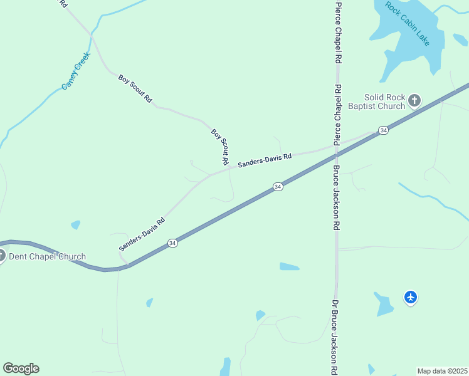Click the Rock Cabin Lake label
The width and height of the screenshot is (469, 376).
pyautogui.click(x=407, y=24)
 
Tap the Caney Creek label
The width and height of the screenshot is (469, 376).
pyautogui.click(x=76, y=70)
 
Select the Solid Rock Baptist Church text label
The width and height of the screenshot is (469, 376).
pyautogui.click(x=385, y=102)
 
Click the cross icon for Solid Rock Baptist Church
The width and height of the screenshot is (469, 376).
pyautogui.click(x=414, y=100)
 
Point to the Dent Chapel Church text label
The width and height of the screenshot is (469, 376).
pyautogui.click(x=47, y=256)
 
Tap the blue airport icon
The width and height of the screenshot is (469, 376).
pyautogui.click(x=411, y=297)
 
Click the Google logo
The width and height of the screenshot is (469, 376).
pyautogui.click(x=21, y=368)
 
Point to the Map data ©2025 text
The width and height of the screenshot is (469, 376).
pyautogui.click(x=443, y=371)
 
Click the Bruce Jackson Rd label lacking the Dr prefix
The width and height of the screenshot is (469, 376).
pyautogui.click(x=336, y=197)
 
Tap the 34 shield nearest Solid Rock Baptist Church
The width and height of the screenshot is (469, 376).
pyautogui.click(x=383, y=130)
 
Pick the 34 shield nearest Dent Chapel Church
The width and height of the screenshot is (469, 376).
pyautogui.click(x=172, y=243)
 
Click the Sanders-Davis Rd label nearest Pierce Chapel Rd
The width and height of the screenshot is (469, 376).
pyautogui.click(x=265, y=160)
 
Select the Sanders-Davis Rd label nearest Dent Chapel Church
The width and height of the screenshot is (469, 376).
pyautogui.click(x=142, y=234)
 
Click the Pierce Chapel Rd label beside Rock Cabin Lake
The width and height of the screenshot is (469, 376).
pyautogui.click(x=338, y=31)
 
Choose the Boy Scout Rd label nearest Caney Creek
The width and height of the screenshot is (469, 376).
pyautogui.click(x=135, y=88)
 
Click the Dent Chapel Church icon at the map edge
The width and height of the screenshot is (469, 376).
pyautogui.click(x=2, y=255)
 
